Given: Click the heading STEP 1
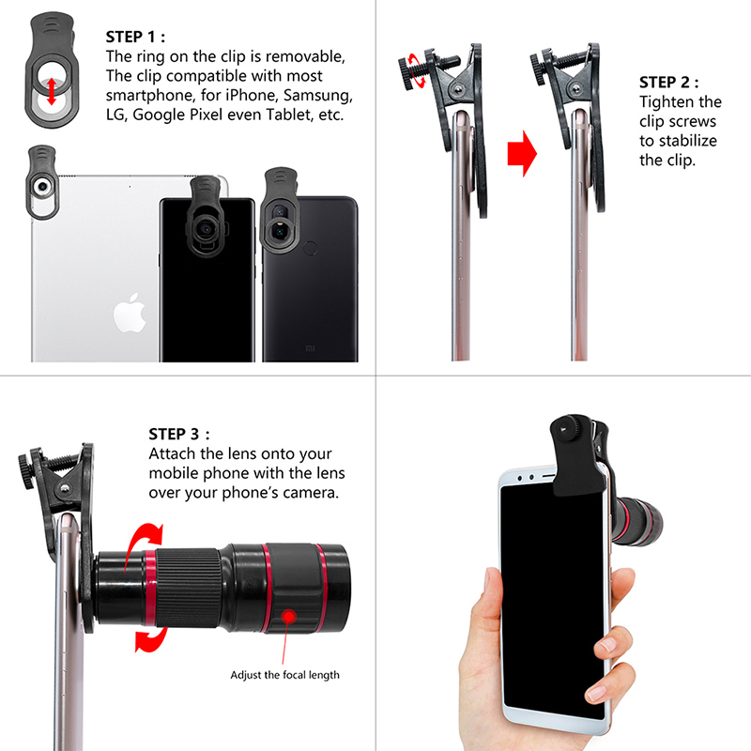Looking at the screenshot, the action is coord(135,37).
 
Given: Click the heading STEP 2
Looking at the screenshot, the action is coord(669,83).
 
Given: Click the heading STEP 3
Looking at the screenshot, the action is coord(179,434).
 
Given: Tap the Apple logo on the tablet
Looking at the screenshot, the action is coord(130,313).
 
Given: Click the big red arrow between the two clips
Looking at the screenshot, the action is coord(522,154).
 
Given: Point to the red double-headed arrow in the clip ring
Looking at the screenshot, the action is coord(52,92).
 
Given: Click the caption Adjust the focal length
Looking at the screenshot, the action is coord(285,675).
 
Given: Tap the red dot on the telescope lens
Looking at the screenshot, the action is coord(289,616).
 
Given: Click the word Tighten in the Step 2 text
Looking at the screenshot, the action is coord(667,102).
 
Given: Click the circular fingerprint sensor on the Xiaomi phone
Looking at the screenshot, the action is coord(311,248).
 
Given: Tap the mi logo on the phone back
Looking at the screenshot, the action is coord(311,348).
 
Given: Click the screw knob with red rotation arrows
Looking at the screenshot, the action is coord(408,72).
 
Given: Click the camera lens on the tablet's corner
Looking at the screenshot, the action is coord(42,186).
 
